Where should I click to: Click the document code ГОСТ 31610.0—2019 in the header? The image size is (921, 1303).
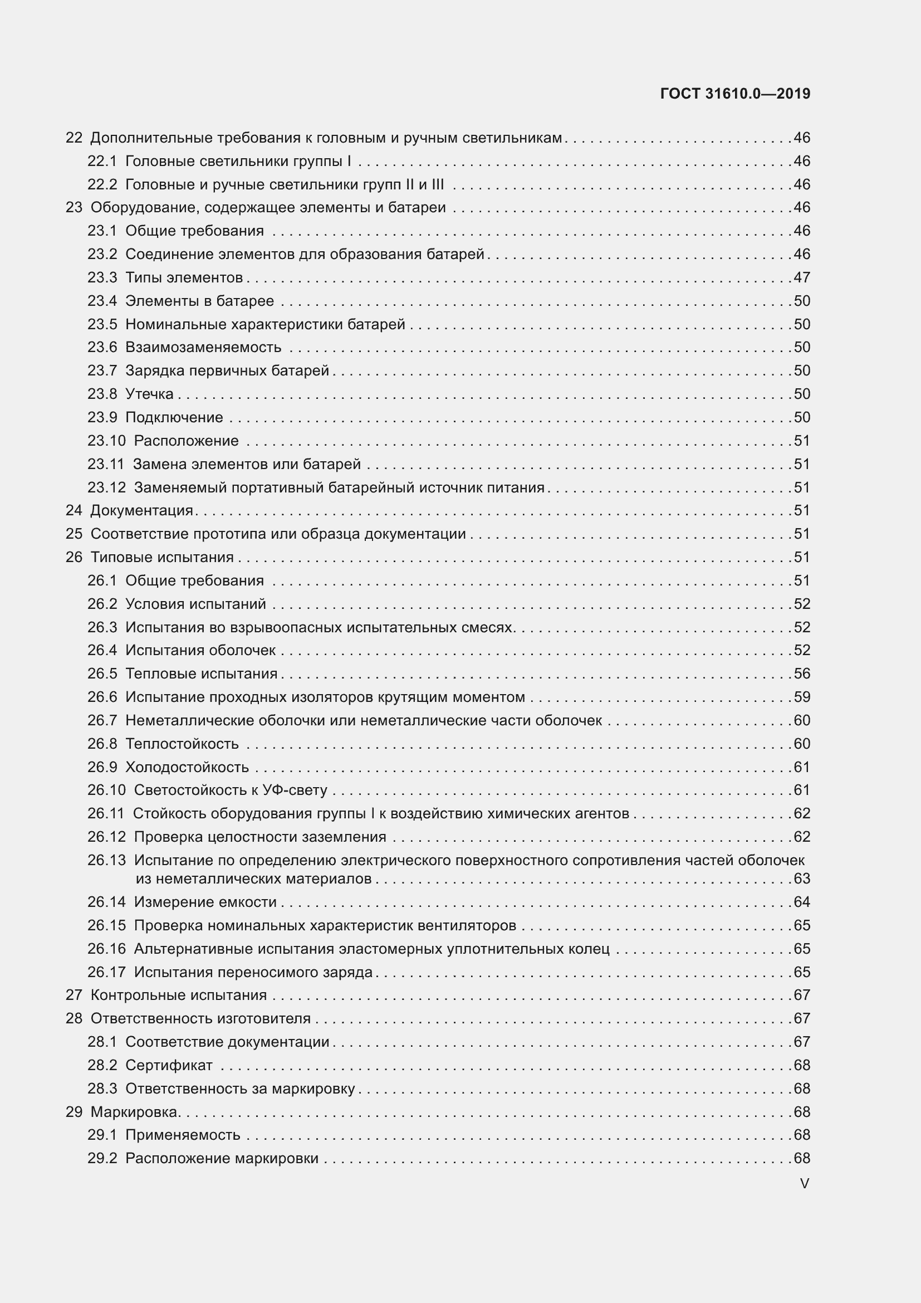coord(735,94)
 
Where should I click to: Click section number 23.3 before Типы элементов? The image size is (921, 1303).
coord(102,277)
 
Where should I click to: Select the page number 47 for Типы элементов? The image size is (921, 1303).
coord(802,277)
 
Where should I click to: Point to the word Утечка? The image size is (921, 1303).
coord(149,394)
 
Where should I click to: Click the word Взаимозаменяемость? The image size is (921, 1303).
coord(203,347)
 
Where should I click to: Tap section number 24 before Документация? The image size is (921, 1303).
coord(74,511)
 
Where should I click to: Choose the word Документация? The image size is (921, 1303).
coord(142,511)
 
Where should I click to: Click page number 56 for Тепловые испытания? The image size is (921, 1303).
coord(802,674)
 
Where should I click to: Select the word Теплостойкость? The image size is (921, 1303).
coord(182,744)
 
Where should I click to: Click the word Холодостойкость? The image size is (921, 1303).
coord(187,767)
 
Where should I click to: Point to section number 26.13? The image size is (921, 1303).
coord(106,860)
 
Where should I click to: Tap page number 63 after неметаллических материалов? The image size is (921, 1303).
coord(802,879)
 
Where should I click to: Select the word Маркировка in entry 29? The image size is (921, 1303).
coord(134,1112)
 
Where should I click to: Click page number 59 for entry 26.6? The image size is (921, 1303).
coord(802,697)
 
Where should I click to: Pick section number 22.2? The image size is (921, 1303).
coord(102,184)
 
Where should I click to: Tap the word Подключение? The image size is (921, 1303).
coord(174,418)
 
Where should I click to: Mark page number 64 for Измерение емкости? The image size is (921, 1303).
coord(802,902)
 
